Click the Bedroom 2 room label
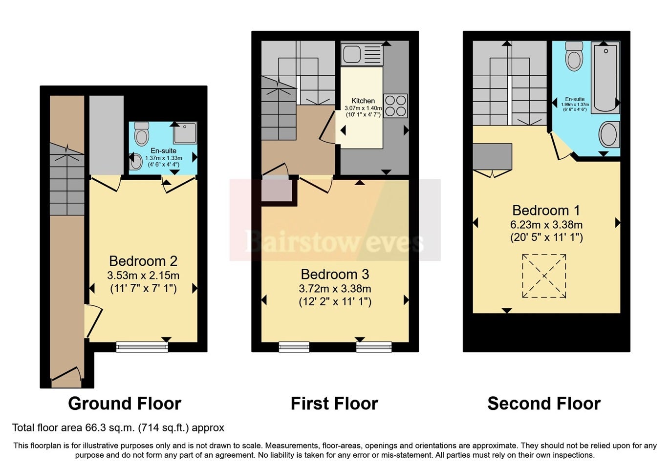(143, 261)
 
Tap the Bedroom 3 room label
(335, 274)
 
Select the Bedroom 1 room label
(546, 211)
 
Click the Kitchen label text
(363, 101)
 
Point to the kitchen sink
(362, 54)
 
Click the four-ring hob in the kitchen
(395, 106)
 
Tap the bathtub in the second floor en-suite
(605, 78)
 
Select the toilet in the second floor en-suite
(574, 56)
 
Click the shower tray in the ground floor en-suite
(185, 133)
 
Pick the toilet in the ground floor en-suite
(142, 133)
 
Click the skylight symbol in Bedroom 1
(544, 276)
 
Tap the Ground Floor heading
(125, 404)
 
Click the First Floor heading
(334, 404)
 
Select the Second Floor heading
(544, 404)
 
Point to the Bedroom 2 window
(142, 347)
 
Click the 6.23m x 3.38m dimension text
(546, 225)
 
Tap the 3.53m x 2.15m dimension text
(143, 275)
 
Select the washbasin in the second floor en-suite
(609, 134)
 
